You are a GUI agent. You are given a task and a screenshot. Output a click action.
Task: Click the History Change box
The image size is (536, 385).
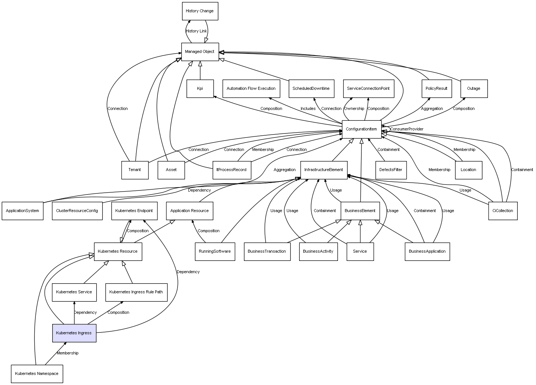pos(200,11)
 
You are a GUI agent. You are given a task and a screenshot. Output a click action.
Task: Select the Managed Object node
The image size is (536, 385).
pos(200,52)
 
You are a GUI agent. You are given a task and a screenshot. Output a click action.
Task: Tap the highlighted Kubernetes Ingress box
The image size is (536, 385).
pos(74,333)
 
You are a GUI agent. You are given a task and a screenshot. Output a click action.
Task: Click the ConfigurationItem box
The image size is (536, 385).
pos(361,129)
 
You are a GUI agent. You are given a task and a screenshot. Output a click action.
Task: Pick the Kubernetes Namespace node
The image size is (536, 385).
pos(37,373)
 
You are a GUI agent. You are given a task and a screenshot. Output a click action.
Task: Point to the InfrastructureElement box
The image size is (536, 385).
pos(324,170)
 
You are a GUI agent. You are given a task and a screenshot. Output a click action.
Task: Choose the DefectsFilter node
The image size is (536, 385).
pos(391,170)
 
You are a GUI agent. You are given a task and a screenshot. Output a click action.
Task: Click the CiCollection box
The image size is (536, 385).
pos(502,211)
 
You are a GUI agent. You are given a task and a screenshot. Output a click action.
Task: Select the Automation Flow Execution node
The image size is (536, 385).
pos(251,89)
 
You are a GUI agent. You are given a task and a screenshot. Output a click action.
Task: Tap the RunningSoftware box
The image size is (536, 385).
pos(215,251)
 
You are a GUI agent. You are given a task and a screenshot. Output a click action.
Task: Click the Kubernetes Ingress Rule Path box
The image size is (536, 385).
pos(136,292)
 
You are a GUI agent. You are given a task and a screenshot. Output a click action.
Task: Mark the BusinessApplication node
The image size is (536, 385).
pos(427,251)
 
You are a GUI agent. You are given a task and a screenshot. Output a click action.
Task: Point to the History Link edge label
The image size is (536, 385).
pos(196,31)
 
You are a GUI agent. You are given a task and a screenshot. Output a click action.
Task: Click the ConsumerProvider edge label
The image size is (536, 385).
pos(407,129)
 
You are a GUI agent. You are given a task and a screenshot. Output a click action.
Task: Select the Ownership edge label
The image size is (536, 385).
pos(354,109)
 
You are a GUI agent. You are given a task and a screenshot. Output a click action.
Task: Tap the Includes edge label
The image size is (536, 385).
pos(308,109)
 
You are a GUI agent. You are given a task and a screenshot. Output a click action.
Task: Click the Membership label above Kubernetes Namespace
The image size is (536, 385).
pos(68,353)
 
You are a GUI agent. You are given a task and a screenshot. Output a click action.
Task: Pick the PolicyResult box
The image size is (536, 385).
pos(436,89)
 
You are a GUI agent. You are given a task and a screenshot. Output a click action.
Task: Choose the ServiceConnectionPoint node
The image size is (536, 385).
pos(368,89)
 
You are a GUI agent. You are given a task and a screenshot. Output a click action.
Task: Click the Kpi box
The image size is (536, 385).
pos(200,89)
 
